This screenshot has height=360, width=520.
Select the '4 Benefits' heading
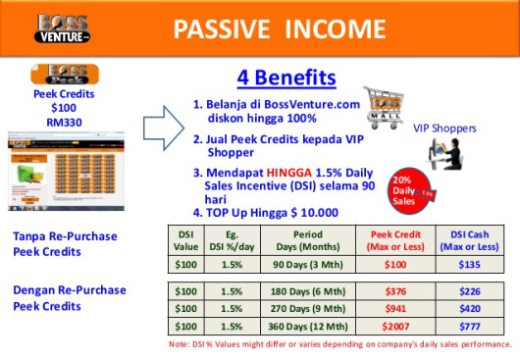pyautogui.click(x=286, y=77)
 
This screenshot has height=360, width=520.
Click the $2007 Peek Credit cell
pyautogui.click(x=397, y=325)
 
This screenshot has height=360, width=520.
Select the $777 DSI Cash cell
pyautogui.click(x=469, y=325)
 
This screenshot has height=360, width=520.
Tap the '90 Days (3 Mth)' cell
pyautogui.click(x=307, y=264)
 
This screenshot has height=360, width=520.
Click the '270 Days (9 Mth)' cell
pyautogui.click(x=307, y=308)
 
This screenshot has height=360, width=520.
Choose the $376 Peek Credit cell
pyautogui.click(x=397, y=291)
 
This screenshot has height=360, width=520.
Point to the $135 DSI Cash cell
pyautogui.click(x=469, y=264)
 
